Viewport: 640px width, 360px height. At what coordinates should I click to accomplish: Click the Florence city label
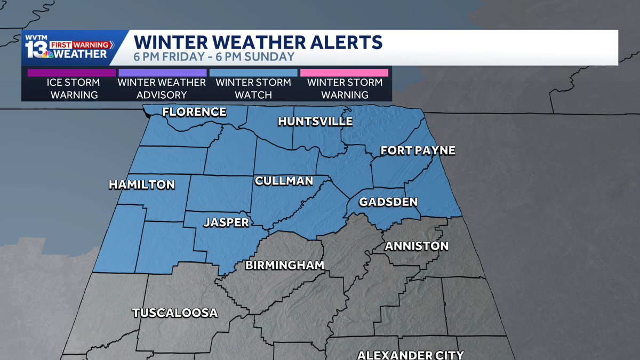tap(194, 112)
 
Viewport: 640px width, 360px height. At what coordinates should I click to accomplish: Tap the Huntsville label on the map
tap(315, 122)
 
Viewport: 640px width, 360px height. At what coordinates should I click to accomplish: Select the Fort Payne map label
tap(418, 151)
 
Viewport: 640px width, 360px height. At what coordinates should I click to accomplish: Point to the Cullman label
tap(284, 181)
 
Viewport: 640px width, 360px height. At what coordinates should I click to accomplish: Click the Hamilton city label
tap(142, 185)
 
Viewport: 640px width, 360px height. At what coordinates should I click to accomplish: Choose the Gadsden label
tap(388, 202)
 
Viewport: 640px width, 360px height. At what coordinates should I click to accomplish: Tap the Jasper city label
tap(226, 222)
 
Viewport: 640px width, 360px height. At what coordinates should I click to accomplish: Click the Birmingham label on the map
tap(285, 265)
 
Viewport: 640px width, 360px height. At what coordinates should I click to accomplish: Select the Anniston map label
tap(417, 246)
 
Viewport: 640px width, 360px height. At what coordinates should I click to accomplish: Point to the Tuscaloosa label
tap(175, 313)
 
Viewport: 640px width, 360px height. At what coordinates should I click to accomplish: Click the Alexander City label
tap(410, 355)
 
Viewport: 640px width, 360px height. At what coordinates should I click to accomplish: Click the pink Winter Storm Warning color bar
tap(344, 73)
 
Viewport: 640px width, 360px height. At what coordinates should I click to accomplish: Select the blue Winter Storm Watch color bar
tap(253, 73)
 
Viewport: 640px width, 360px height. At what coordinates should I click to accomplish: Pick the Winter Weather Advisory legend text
tap(162, 89)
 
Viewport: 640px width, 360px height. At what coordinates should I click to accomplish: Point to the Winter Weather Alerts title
tap(258, 42)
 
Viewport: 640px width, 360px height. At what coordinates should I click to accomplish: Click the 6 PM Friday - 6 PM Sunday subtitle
tap(214, 57)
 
